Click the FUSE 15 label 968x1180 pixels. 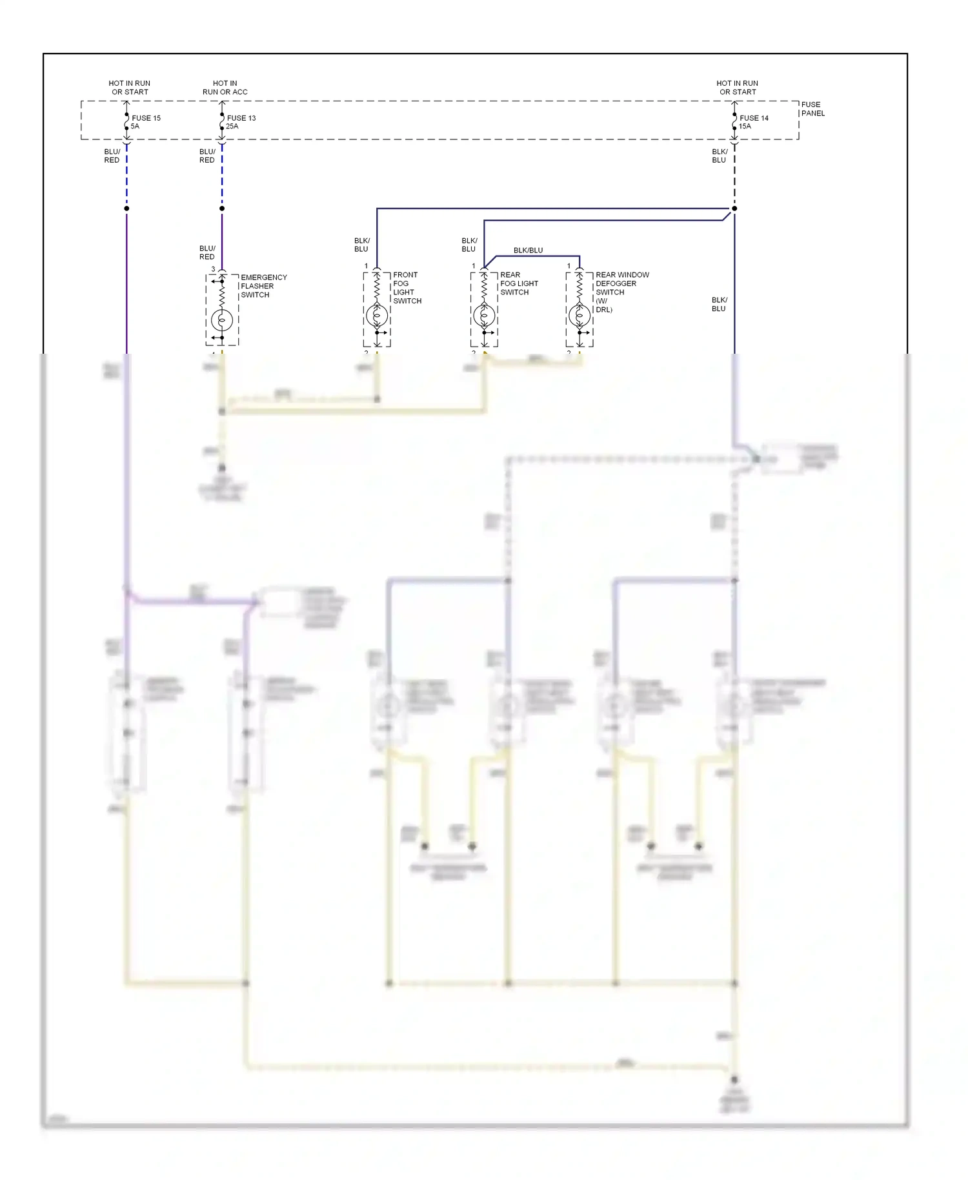[146, 118]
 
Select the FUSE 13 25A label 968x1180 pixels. [241, 122]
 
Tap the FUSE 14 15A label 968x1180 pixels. [753, 122]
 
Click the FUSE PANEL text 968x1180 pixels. [812, 108]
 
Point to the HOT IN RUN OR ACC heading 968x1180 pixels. [225, 87]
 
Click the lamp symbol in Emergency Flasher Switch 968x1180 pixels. [222, 320]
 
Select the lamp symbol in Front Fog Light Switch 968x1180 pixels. [377, 316]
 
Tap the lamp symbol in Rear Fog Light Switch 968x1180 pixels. [484, 316]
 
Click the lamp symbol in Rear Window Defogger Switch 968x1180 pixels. [580, 316]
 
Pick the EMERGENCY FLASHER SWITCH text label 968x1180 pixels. [263, 286]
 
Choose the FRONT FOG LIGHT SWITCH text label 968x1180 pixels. [407, 288]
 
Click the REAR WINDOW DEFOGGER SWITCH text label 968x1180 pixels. [621, 292]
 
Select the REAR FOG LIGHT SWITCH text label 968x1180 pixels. [519, 283]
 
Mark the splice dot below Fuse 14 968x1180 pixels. [734, 209]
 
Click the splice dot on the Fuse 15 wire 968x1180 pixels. [126, 209]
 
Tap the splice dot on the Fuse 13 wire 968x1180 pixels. [222, 209]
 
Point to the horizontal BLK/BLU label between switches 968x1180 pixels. [528, 250]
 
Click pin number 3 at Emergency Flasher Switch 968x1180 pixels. [213, 269]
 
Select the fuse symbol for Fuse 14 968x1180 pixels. [734, 121]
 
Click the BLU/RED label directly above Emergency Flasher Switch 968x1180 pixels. [207, 252]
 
